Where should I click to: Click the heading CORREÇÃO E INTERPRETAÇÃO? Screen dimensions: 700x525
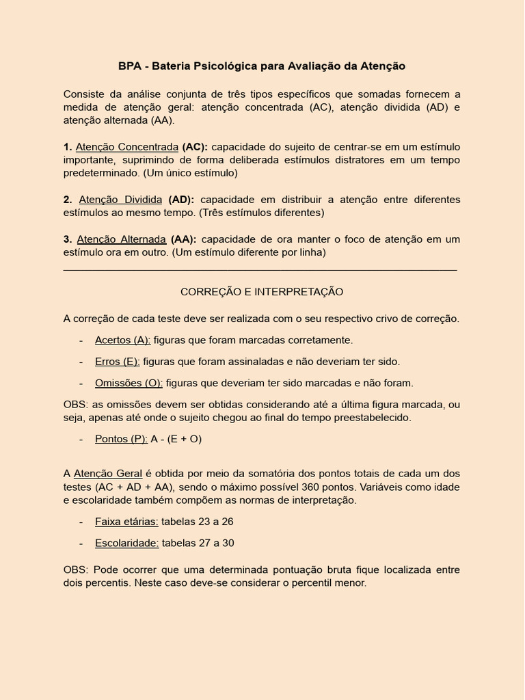[x=262, y=292]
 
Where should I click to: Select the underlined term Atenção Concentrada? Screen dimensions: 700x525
[x=127, y=147]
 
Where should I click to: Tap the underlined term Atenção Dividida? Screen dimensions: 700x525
[x=120, y=200]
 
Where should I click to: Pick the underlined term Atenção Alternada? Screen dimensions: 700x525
[x=122, y=239]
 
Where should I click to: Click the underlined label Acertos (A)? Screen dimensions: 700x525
[x=122, y=340]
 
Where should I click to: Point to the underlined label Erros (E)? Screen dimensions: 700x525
[x=118, y=362]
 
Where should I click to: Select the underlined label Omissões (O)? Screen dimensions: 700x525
[x=129, y=383]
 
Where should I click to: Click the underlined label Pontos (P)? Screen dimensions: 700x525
[x=121, y=439]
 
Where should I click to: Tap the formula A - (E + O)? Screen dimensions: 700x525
[x=176, y=439]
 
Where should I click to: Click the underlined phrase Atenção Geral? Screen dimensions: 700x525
[x=108, y=473]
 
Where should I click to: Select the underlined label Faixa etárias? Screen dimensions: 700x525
[x=126, y=522]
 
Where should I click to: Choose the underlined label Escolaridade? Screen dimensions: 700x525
[x=127, y=543]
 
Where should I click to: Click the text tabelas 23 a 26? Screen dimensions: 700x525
[x=198, y=522]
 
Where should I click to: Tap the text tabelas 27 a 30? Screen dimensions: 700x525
[x=198, y=543]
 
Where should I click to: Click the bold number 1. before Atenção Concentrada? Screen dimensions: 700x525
[x=68, y=147]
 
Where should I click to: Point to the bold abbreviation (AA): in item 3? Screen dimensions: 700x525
[x=183, y=239]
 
